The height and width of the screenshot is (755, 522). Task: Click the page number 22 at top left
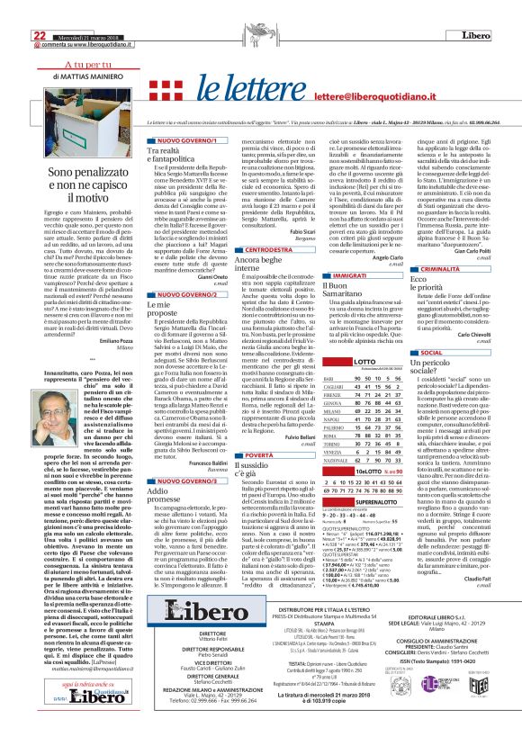pos(13,10)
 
